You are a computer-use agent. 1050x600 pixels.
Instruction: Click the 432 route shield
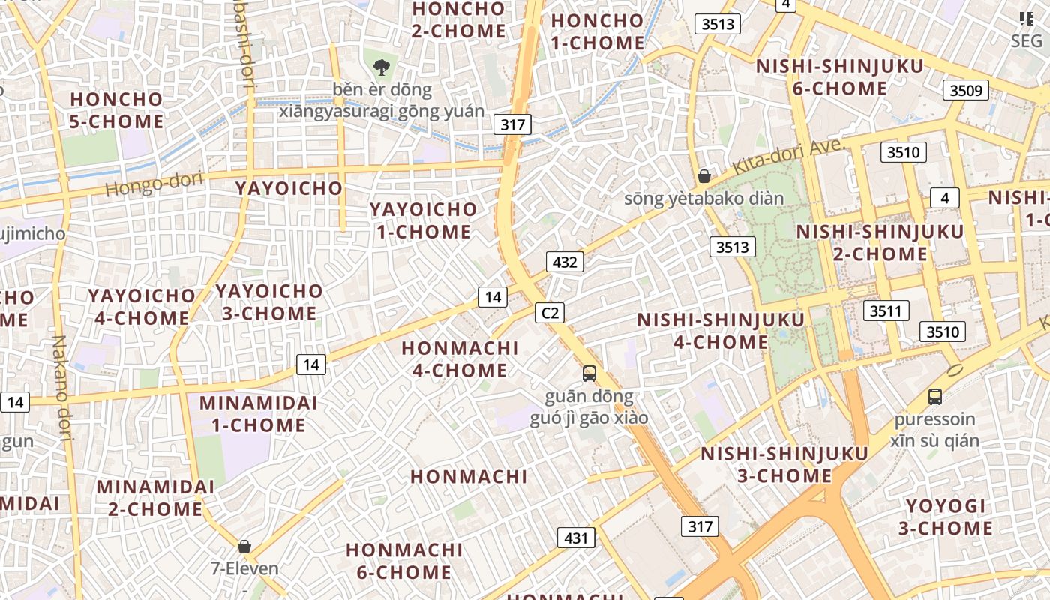[x=565, y=262]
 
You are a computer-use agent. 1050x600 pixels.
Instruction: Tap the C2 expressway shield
[x=550, y=313]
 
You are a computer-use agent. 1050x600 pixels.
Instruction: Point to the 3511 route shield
[x=886, y=310]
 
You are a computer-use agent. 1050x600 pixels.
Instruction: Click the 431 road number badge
[x=576, y=538]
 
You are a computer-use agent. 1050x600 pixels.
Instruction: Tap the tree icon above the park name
[x=381, y=67]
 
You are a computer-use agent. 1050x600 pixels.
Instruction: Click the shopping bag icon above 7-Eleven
[x=244, y=547]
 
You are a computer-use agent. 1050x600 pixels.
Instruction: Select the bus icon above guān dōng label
[x=589, y=373]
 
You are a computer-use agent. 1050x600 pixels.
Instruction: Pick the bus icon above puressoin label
[x=934, y=396]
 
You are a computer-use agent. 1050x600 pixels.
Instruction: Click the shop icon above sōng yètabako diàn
[x=703, y=176]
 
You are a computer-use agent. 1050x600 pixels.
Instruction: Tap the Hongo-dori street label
[x=154, y=183]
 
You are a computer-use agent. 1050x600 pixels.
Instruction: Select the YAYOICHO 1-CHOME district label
[x=424, y=220]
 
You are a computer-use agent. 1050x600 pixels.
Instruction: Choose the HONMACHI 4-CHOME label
[x=460, y=358]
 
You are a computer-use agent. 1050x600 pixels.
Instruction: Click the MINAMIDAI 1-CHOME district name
[x=258, y=413]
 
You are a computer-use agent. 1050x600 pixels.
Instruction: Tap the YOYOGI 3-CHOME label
[x=945, y=517]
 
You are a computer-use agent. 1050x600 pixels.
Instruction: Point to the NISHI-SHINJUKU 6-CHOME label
[x=839, y=77]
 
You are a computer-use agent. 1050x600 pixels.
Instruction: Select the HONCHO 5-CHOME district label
[x=116, y=110]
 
